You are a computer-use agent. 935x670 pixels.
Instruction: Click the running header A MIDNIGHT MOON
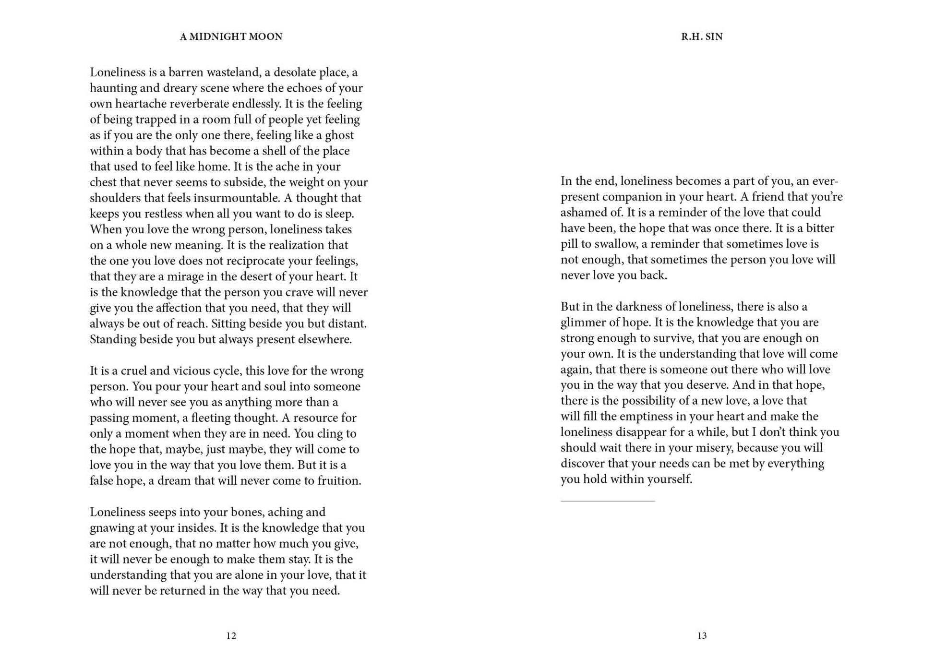tap(231, 36)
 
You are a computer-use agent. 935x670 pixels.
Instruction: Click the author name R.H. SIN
tap(702, 36)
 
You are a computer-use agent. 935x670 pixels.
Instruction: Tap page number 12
tap(231, 635)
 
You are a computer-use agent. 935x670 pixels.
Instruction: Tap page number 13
tap(702, 635)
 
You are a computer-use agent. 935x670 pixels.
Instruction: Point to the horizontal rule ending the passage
tap(607, 501)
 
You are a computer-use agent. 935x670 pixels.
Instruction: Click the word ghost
tap(339, 135)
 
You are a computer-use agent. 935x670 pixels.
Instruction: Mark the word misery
tap(713, 448)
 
